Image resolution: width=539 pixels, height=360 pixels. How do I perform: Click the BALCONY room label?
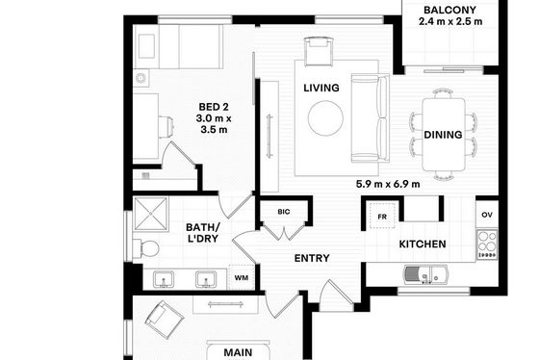click(x=450, y=10)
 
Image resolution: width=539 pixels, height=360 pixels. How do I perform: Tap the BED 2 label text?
click(x=214, y=107)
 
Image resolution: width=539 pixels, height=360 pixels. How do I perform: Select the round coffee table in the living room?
click(x=325, y=118)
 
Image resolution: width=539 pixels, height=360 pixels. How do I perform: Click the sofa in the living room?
click(x=371, y=118)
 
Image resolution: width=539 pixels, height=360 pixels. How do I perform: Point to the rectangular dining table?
click(x=444, y=135)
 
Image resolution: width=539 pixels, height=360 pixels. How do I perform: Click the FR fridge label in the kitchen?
click(x=382, y=217)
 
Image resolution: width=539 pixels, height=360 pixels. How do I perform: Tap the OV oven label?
click(x=487, y=215)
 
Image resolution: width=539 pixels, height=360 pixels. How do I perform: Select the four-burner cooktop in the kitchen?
click(x=487, y=244)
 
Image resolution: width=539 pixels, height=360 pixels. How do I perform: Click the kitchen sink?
click(x=425, y=274)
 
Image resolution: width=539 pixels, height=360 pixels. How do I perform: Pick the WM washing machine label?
click(x=242, y=278)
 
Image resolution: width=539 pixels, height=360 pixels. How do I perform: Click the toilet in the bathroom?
click(x=146, y=248)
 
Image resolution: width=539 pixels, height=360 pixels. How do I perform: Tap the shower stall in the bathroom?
click(x=151, y=214)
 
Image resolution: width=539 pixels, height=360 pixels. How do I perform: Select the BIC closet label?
click(x=284, y=212)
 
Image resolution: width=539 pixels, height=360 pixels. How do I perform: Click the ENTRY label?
click(x=312, y=258)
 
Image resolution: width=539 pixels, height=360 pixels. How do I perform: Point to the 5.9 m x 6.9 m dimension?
click(x=388, y=184)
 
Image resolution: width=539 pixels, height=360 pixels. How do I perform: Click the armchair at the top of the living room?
click(x=319, y=52)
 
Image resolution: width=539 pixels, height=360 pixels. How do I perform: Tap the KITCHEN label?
click(x=423, y=244)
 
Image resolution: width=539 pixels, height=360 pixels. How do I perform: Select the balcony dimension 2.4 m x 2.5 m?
click(x=450, y=21)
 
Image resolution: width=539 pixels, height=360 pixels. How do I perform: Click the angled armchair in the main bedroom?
click(x=164, y=320)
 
